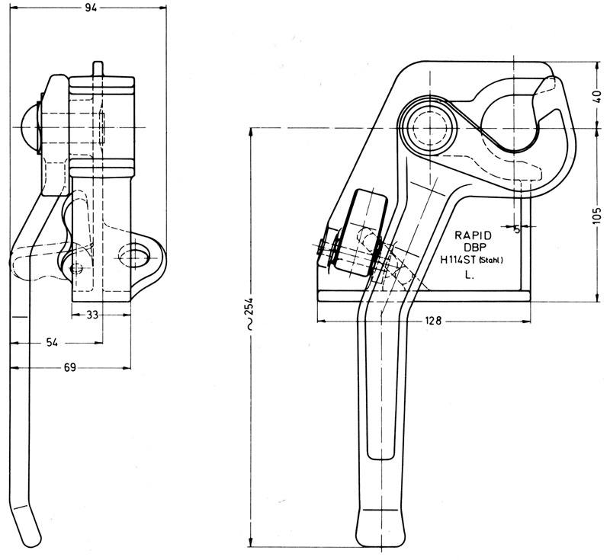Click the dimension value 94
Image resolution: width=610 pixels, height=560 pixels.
pos(91,8)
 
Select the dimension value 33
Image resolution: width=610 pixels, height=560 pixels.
pos(92,315)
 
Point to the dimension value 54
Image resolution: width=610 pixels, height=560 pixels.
pos(52,342)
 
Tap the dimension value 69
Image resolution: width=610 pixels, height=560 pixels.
pos(69,367)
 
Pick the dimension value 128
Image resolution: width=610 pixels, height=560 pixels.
pos(433,321)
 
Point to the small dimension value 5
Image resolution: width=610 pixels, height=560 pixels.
pos(517,229)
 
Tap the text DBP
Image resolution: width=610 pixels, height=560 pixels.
pos(474,247)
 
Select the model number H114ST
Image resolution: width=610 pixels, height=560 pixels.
pos(458,260)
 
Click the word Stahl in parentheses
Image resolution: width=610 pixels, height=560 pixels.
pos(490,261)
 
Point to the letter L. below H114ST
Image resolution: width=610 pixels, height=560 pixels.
pos(469,275)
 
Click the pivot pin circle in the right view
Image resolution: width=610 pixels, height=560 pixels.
pos(429,127)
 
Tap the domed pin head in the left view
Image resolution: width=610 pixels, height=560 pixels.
pos(29,126)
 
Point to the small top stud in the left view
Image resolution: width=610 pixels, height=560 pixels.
pos(98,69)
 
